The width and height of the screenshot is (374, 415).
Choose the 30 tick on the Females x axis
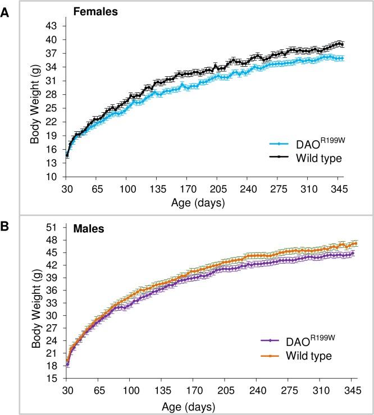(67, 188)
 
